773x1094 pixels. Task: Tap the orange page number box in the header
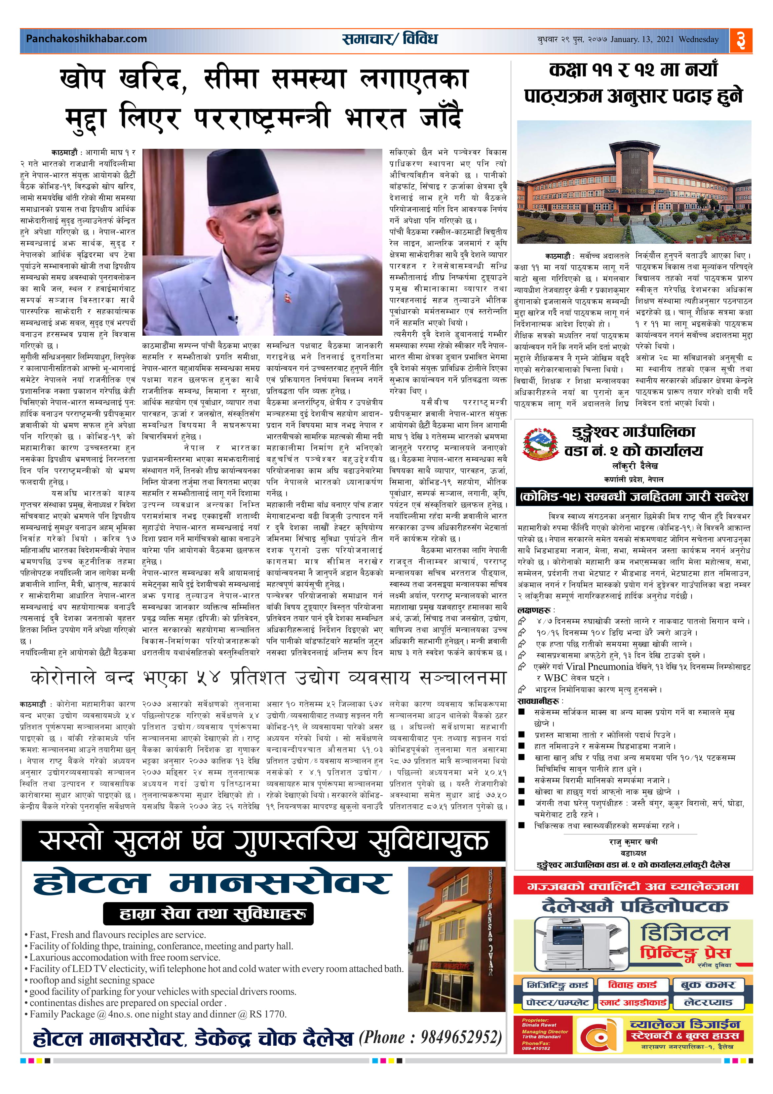pos(741,40)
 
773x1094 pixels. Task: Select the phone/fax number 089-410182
pos(536,1048)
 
